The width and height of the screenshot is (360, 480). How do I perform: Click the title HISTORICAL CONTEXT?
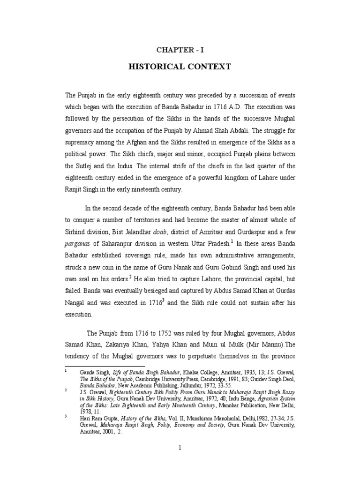tap(180, 67)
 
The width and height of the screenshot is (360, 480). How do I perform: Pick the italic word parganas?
tap(78, 243)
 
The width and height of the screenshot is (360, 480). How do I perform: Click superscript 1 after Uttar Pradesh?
tap(233, 241)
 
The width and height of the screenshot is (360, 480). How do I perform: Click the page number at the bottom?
tap(180, 447)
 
